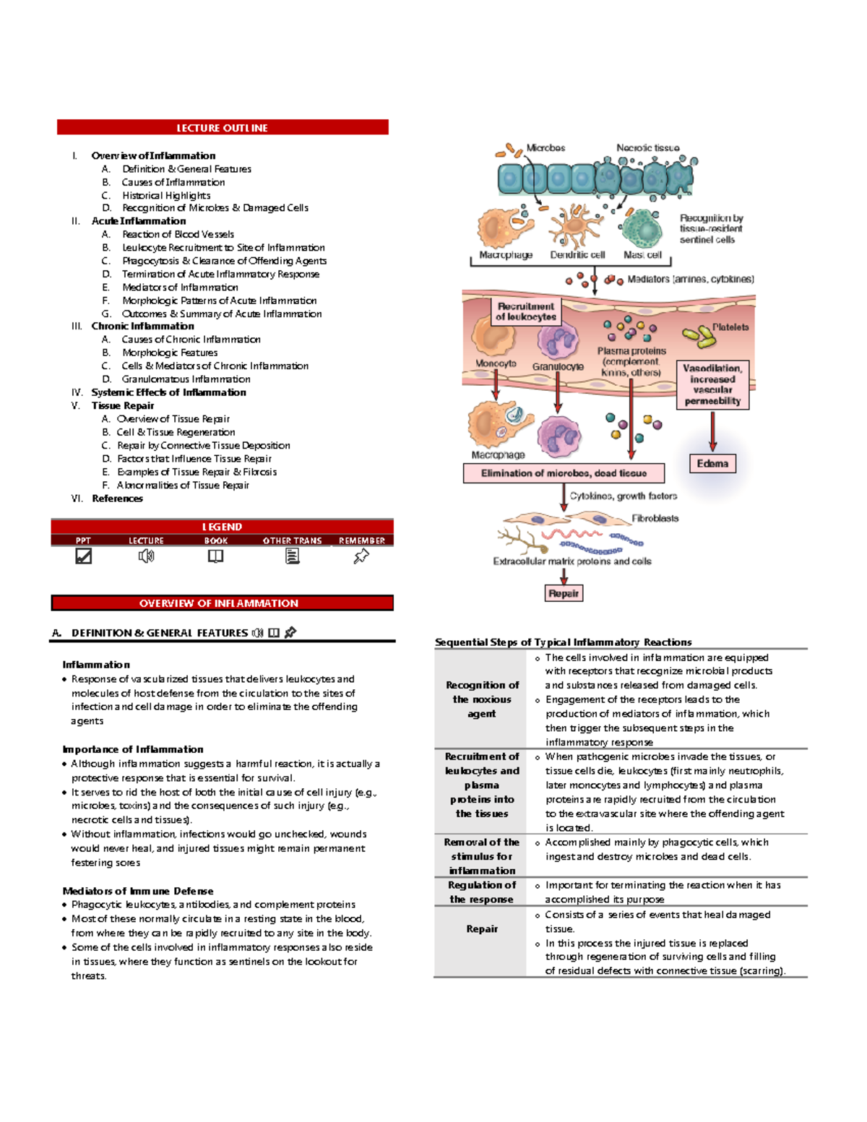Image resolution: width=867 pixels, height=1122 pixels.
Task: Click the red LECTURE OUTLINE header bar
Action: pos(223,128)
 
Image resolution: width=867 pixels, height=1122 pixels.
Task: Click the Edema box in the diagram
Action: pos(712,464)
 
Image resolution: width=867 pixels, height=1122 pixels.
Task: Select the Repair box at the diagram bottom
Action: pos(564,593)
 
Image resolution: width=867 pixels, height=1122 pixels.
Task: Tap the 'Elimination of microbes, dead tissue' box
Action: pos(564,473)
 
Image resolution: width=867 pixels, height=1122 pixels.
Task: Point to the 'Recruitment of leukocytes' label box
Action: pos(526,311)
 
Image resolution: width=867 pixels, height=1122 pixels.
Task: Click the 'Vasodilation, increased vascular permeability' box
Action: pos(712,384)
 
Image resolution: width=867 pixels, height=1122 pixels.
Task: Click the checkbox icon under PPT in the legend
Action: pos(84,556)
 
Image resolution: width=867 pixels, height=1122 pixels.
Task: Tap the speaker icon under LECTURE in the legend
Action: pos(146,556)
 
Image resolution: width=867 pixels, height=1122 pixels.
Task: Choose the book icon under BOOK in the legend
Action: pos(215,556)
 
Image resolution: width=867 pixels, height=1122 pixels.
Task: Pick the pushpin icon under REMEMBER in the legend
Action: pos(361,556)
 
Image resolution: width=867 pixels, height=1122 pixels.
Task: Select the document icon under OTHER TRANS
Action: pos(292,556)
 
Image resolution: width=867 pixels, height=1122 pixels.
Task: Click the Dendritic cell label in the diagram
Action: pos(577,255)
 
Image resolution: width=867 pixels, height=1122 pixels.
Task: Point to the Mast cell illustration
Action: pos(642,228)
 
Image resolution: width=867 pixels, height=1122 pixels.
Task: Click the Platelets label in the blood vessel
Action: pos(730,327)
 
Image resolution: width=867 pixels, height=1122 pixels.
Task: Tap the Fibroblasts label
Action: pos(655,518)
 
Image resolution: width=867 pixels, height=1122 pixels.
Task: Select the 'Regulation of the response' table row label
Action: pos(482,892)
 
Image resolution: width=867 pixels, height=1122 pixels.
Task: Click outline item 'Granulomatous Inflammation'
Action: pos(186,379)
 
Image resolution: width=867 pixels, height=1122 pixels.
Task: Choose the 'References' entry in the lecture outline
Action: pos(117,499)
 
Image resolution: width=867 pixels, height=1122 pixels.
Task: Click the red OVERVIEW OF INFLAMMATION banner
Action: pos(222,603)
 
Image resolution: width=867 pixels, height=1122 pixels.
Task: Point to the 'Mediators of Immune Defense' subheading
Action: pos(138,891)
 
